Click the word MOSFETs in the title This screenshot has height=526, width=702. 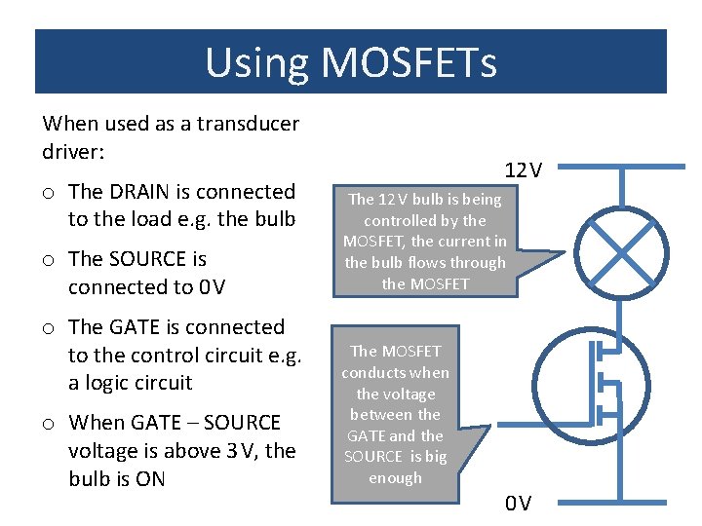(409, 63)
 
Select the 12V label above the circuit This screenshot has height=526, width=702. (523, 170)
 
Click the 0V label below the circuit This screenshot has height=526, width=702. (518, 504)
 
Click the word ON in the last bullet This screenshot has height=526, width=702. (150, 479)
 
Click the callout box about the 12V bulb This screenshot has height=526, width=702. (425, 241)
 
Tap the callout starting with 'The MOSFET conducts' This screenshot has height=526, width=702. (396, 414)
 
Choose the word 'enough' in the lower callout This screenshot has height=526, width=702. (395, 478)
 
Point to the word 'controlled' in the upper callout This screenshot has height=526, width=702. (402, 220)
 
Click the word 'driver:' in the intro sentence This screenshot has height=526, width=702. (74, 152)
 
